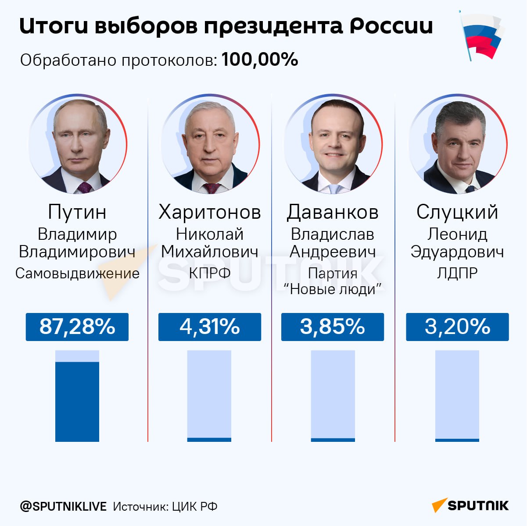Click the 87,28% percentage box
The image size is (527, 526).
(77, 327)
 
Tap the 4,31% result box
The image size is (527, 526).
(209, 327)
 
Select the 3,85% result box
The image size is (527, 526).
(332, 327)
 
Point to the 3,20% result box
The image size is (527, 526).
(457, 327)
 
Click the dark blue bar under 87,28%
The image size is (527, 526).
(77, 401)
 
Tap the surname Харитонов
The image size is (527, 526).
(209, 212)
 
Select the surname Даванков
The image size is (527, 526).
(332, 212)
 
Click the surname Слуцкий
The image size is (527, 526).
(457, 212)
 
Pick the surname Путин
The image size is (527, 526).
(77, 212)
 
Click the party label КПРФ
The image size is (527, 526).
(209, 273)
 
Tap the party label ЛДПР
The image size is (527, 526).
(457, 273)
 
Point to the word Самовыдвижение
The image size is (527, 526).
(77, 274)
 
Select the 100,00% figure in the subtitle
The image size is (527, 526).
(260, 60)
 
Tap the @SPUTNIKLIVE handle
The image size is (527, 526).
(63, 507)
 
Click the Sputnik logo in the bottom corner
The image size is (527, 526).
(470, 505)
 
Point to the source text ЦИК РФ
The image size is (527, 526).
(194, 507)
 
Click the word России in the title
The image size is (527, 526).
(391, 26)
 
